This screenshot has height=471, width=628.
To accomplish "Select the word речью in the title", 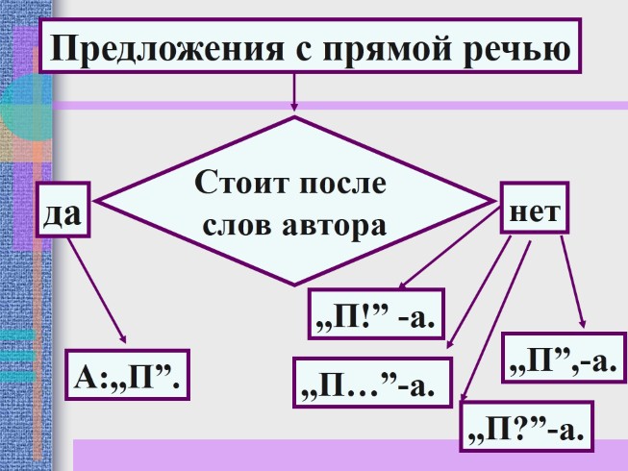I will pyautogui.click(x=519, y=48).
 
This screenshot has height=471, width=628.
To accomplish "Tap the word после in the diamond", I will pyautogui.click(x=341, y=183).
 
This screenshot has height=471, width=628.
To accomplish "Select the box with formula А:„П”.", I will pyautogui.click(x=128, y=375).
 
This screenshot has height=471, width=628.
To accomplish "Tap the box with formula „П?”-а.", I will pyautogui.click(x=525, y=428).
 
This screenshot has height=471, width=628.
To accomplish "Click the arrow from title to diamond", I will pyautogui.click(x=293, y=94).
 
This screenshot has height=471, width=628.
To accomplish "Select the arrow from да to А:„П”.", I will pyautogui.click(x=96, y=288).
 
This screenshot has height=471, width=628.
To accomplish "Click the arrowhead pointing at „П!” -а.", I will pyautogui.click(x=403, y=285).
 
